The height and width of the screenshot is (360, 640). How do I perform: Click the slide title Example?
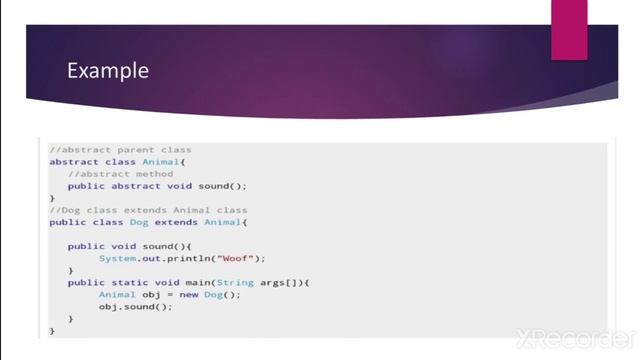(x=107, y=71)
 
